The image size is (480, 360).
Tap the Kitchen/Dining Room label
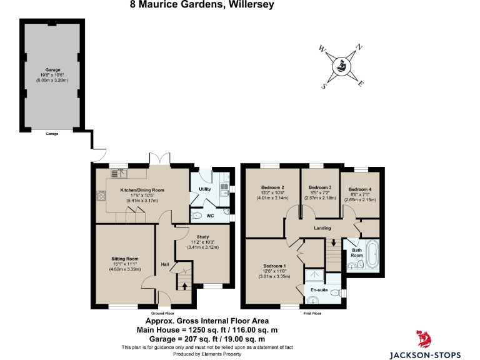[142, 190]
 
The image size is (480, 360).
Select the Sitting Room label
[125, 259]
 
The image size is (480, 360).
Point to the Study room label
[202, 237]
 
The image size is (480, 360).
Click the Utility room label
[204, 189]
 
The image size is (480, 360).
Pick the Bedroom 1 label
[275, 266]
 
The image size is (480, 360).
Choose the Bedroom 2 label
[272, 187]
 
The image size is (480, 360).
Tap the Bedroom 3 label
[320, 187]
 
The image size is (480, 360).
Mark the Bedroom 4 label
[360, 190]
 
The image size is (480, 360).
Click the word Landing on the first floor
[322, 227]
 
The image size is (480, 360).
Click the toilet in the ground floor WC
[197, 216]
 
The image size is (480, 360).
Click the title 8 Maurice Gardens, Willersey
[192, 4]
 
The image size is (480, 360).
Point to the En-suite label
[319, 289]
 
